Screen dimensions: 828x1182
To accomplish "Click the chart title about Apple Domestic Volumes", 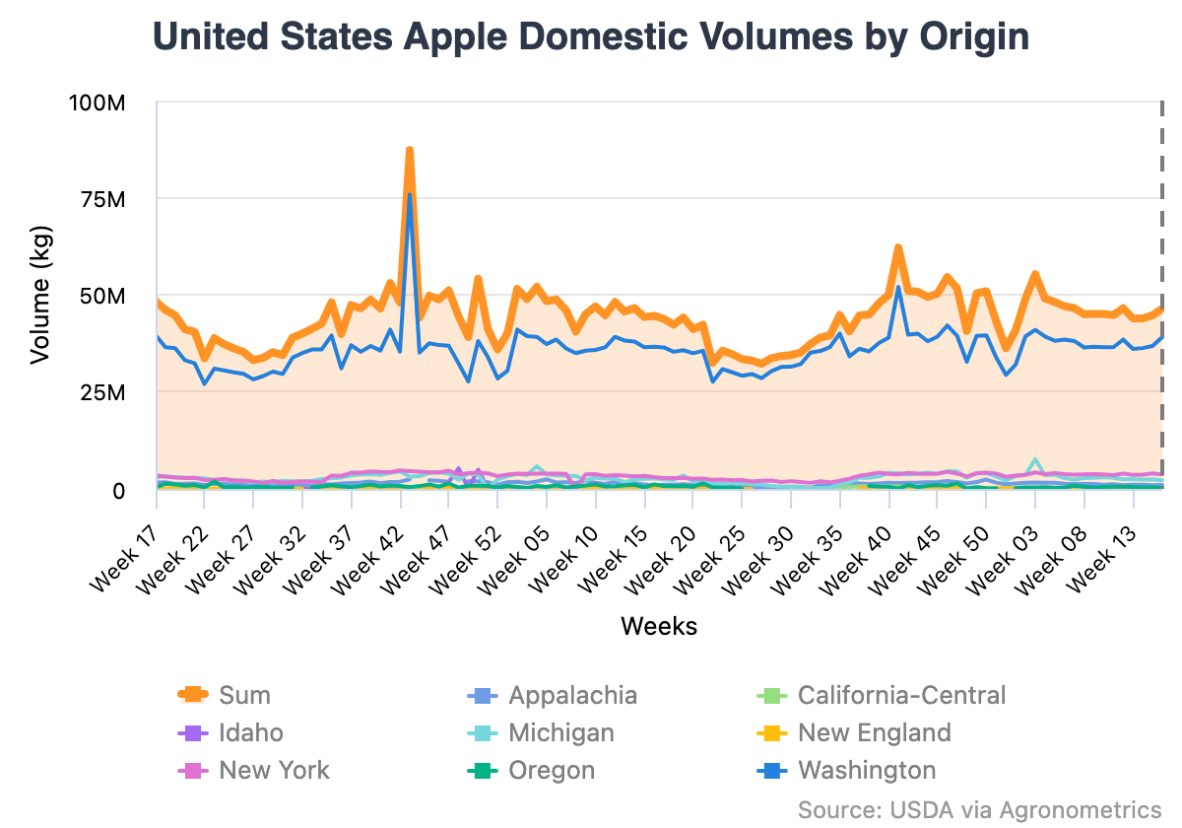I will [x=591, y=37].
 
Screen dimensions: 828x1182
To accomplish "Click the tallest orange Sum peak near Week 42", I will [x=409, y=151].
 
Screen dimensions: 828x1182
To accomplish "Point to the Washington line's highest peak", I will [x=409, y=195].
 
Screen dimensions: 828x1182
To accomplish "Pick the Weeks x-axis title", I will [x=658, y=626].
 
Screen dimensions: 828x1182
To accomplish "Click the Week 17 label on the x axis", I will [x=126, y=557].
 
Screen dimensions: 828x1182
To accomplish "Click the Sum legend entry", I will [x=243, y=695].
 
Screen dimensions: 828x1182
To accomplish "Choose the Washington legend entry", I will [x=867, y=770].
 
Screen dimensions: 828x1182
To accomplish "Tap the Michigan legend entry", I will [x=560, y=732].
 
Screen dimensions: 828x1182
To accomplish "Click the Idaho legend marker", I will [x=193, y=732].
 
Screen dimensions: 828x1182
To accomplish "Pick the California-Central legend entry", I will [x=901, y=695].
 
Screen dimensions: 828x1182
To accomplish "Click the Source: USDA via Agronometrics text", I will [x=979, y=809].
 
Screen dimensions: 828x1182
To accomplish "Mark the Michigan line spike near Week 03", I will [x=1035, y=460].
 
